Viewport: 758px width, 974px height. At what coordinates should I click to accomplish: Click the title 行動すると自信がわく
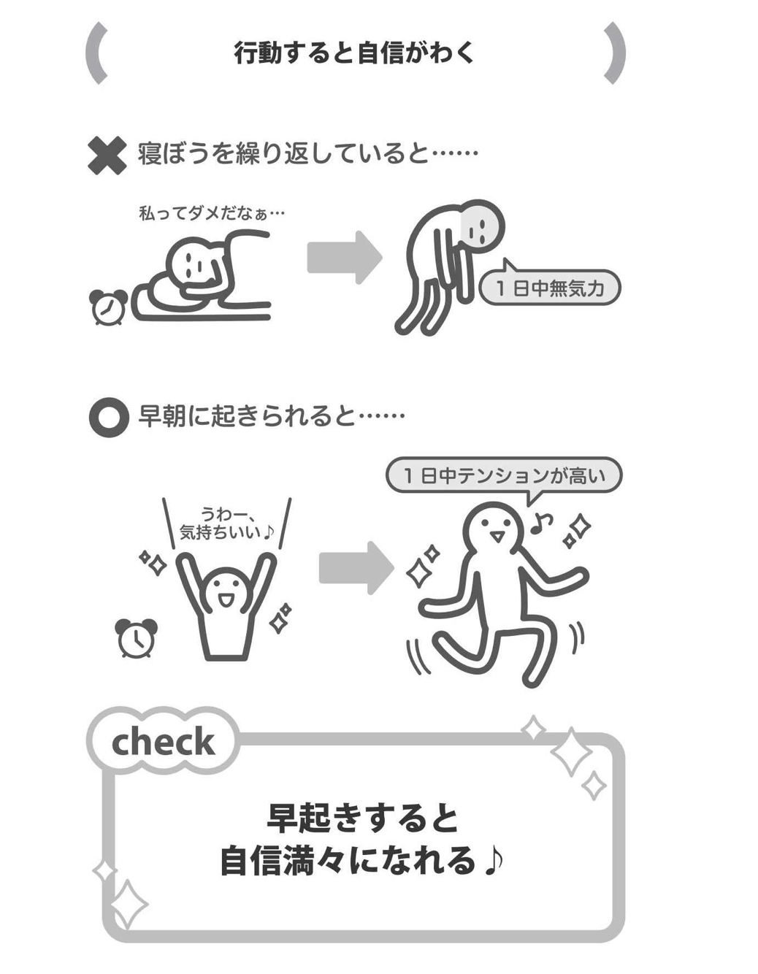coord(354,53)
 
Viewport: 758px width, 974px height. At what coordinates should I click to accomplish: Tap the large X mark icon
coord(107,156)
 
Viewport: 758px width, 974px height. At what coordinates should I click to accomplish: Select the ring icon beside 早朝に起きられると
coord(108,418)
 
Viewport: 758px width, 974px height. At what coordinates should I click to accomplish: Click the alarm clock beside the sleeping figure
coord(108,306)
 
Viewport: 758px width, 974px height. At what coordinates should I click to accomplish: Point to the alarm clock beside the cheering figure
coord(137,638)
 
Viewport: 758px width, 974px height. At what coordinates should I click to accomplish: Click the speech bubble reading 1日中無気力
coord(549,288)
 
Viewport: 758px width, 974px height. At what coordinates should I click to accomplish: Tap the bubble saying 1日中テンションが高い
coord(504,476)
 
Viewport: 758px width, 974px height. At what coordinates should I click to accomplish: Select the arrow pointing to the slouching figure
coord(344,257)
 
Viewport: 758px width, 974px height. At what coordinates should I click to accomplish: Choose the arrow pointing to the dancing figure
coord(356,568)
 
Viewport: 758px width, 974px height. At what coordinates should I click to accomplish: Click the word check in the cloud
coord(163,743)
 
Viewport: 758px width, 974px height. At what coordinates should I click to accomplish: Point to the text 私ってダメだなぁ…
coord(211,213)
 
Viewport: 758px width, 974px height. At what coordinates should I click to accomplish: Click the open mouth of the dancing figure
coord(497,537)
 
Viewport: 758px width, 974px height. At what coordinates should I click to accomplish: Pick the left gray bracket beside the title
coord(96,53)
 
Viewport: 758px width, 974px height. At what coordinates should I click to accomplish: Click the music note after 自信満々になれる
coord(494,861)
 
